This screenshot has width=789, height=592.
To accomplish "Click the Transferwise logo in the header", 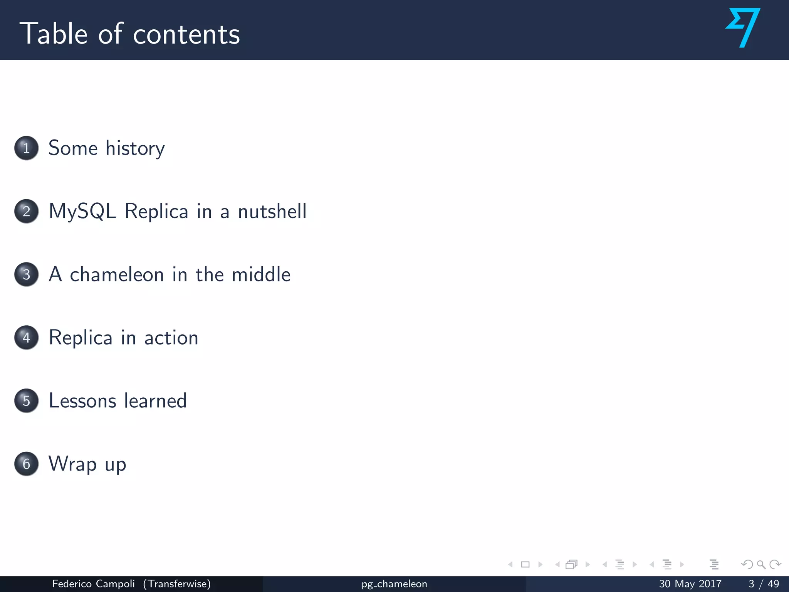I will click(743, 28).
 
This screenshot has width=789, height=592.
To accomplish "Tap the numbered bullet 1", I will click(26, 148).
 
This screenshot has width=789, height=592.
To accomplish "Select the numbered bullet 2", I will click(26, 211).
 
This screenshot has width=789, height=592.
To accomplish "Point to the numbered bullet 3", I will click(26, 274).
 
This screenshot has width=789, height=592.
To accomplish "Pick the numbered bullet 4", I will click(26, 338).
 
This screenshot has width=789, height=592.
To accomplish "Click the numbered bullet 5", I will click(26, 401).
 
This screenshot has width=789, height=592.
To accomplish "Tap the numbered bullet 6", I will click(26, 464).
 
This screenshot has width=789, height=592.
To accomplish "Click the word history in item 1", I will click(135, 149).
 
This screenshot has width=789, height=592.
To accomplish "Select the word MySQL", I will click(82, 212).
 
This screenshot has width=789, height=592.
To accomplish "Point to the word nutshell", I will click(272, 212).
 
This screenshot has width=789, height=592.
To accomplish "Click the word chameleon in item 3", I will click(117, 275).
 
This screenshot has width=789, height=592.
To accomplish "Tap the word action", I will click(171, 338).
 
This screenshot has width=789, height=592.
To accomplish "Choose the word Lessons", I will click(82, 401).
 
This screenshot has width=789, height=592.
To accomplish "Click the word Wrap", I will click(72, 464).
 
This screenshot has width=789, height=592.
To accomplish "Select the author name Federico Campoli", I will click(93, 584).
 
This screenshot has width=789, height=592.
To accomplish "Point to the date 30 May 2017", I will click(690, 584).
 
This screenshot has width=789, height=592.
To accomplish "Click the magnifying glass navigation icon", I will click(761, 565).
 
